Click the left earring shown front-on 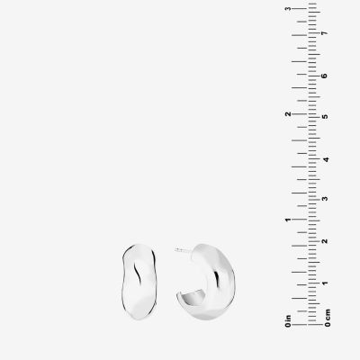(139, 282)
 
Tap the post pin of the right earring (183, 250)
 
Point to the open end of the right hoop (190, 297)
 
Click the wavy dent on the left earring (138, 273)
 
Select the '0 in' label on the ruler (288, 320)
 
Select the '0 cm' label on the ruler (328, 318)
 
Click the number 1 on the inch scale (288, 220)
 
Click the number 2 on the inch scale (288, 114)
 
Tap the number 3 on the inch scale (288, 9)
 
